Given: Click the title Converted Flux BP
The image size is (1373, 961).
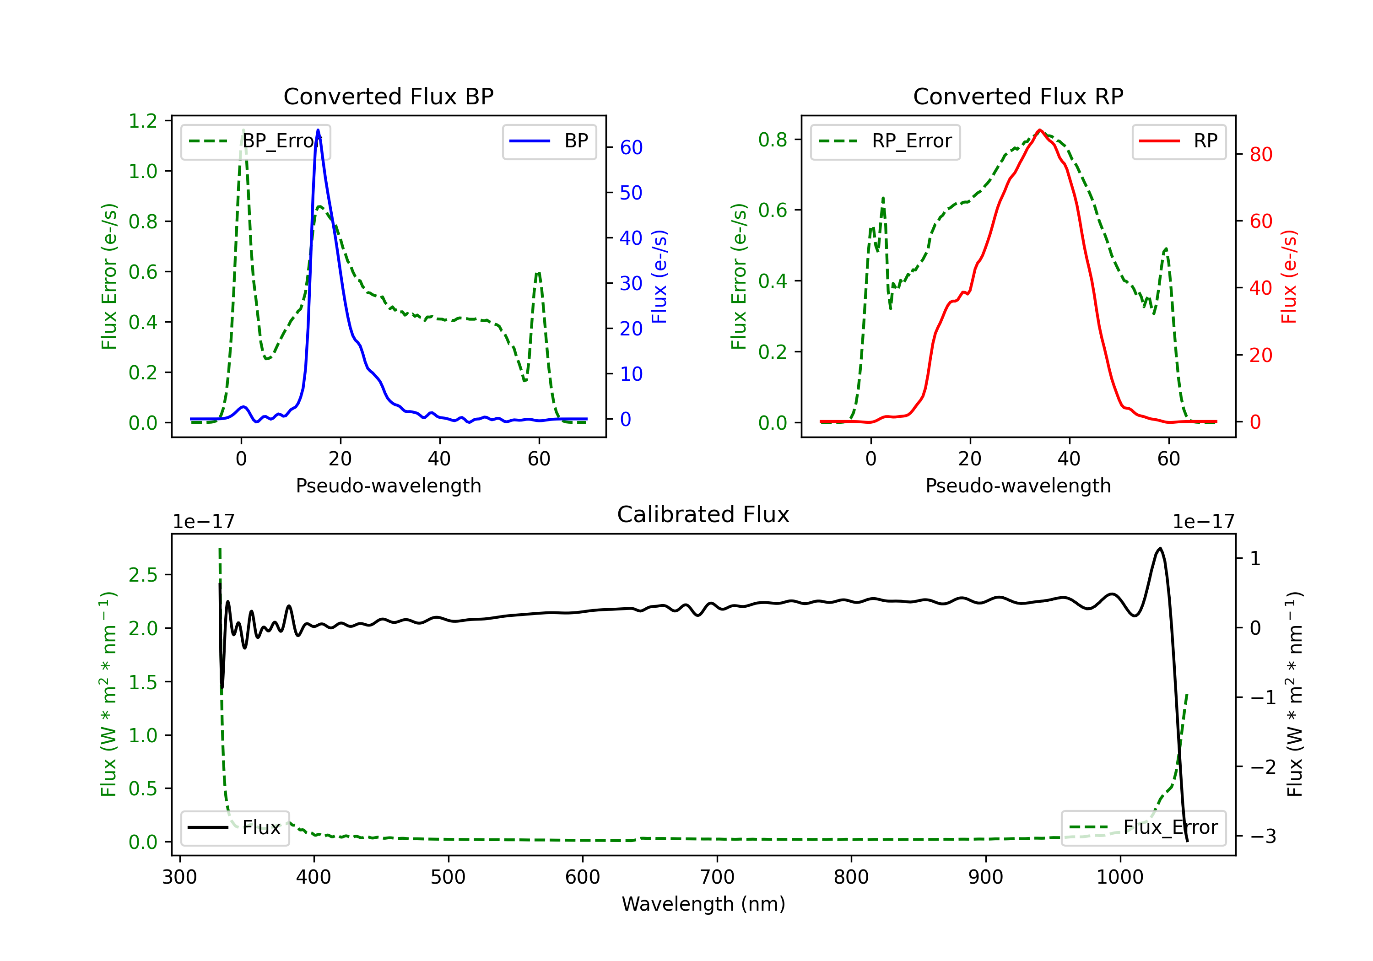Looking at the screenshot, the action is (389, 96).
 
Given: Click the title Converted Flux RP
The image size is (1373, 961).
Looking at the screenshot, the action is (1018, 96).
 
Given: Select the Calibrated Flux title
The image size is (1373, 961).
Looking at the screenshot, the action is (703, 514).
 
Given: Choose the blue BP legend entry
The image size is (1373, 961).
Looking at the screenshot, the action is (549, 141).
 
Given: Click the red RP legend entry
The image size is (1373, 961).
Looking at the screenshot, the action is (1178, 141).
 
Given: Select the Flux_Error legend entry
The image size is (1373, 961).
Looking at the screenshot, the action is (1143, 828).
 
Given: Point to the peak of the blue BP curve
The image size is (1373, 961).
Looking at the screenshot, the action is (318, 130).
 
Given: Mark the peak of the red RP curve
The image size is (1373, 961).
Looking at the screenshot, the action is (1040, 130).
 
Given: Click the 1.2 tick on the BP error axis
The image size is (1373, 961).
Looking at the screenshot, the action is (143, 121).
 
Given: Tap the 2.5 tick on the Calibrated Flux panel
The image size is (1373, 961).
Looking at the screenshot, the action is (143, 575).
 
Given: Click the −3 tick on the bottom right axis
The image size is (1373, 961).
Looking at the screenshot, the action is (1263, 836).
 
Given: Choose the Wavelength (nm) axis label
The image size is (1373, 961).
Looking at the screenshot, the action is (703, 904).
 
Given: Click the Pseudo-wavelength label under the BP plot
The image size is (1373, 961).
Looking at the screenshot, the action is (389, 486).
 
